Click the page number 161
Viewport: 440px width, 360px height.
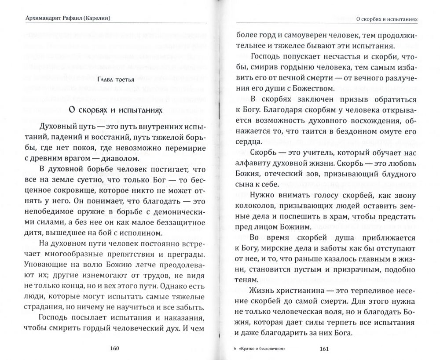[324, 349]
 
